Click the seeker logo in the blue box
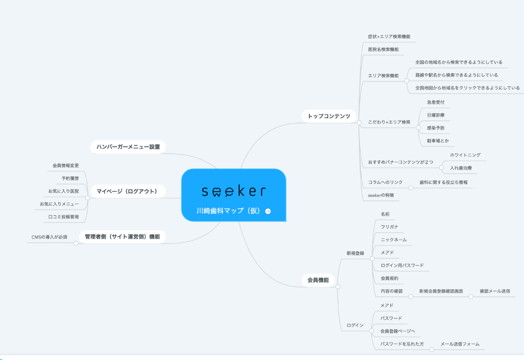[233, 192]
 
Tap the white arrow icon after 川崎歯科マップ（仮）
[268, 211]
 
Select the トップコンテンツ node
[329, 116]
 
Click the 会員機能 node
[318, 280]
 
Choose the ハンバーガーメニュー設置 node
[128, 147]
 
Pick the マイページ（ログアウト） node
[127, 192]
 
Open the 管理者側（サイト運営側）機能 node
[122, 237]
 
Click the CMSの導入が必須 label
[49, 237]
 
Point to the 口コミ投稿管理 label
[63, 217]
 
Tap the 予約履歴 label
[70, 178]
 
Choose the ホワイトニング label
[465, 155]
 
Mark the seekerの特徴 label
[381, 195]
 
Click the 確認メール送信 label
[495, 291]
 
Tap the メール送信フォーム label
[459, 344]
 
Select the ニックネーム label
[393, 240]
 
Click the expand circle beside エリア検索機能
[407, 81]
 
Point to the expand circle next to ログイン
[371, 331]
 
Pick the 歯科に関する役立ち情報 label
[444, 182]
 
